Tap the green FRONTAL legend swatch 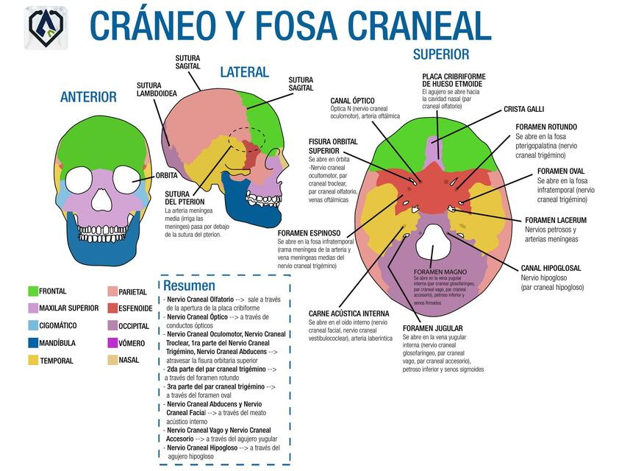[32, 291]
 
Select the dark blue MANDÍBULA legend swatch [32, 343]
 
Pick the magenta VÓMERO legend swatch [112, 343]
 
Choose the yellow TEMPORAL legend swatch [32, 361]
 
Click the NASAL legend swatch [112, 361]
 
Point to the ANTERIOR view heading [88, 97]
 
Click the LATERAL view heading [244, 72]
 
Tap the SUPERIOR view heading [440, 54]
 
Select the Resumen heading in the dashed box [189, 286]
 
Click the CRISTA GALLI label [523, 109]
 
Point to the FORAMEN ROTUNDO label [545, 127]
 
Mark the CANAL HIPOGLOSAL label [551, 268]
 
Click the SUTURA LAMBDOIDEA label [156, 89]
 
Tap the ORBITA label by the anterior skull [165, 176]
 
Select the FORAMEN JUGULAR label [432, 328]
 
